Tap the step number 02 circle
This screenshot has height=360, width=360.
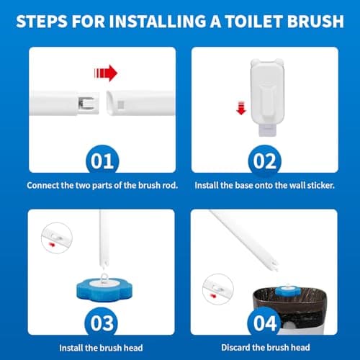tap(262, 159)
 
